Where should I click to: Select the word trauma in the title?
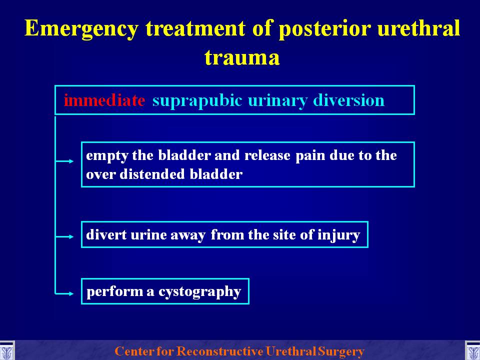[x=242, y=57]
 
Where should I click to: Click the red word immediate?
[x=104, y=100]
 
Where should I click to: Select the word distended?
[x=152, y=174]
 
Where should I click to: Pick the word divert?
[x=106, y=235]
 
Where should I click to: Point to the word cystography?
[x=199, y=292]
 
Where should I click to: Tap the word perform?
[x=114, y=292]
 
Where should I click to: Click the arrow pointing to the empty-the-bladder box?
[x=64, y=161]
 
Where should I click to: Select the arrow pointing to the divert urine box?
[x=64, y=236]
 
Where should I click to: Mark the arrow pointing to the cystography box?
[x=64, y=293]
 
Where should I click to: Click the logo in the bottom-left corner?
[x=7, y=351]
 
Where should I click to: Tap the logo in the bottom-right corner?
[x=472, y=351]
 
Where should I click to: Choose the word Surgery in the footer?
[x=340, y=351]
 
